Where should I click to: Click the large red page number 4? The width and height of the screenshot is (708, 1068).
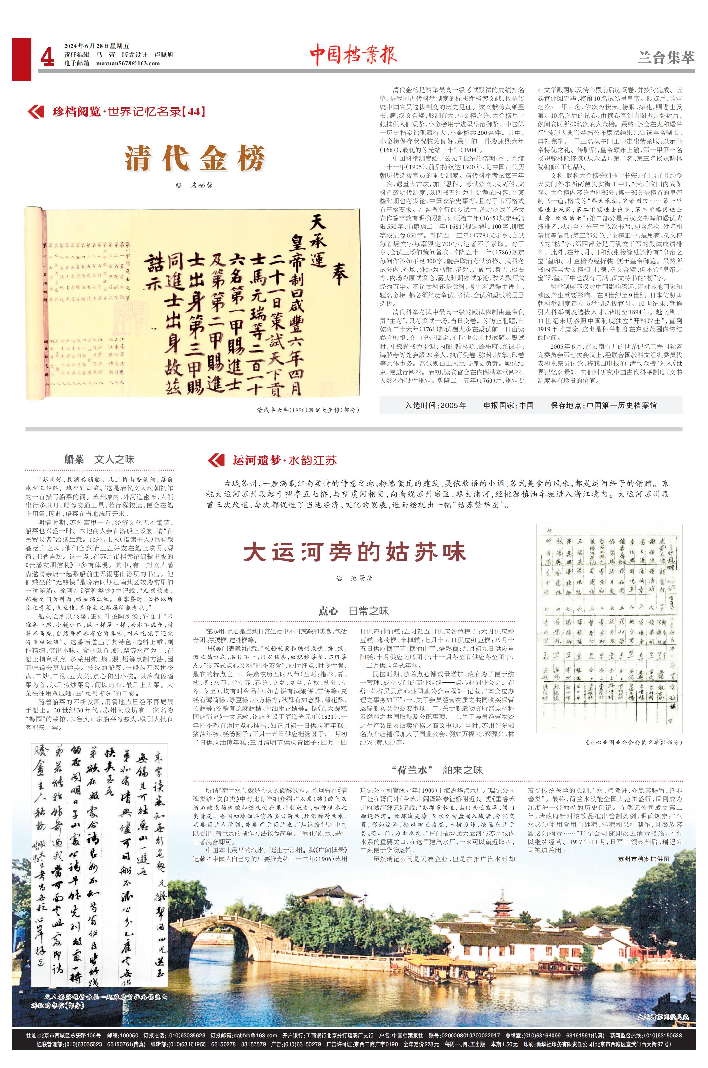click(47, 58)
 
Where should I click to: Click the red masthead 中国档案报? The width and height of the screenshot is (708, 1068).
click(353, 56)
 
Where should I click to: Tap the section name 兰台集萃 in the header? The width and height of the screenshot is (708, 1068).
click(665, 58)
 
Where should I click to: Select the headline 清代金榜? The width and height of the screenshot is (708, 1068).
click(194, 158)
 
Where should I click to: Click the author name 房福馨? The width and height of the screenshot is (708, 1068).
click(201, 185)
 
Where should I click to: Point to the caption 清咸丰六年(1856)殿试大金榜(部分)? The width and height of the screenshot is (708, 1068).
click(308, 410)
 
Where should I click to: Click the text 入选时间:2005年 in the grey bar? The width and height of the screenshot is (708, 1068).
click(435, 405)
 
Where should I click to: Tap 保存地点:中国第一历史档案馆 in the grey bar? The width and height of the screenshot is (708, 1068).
click(603, 405)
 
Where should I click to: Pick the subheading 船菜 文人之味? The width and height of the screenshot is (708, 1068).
click(99, 460)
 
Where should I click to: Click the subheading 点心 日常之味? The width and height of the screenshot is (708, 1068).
click(353, 611)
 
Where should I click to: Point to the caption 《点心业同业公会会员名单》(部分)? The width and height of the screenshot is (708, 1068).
click(633, 742)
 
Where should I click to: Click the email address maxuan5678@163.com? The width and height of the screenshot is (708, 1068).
click(128, 63)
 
